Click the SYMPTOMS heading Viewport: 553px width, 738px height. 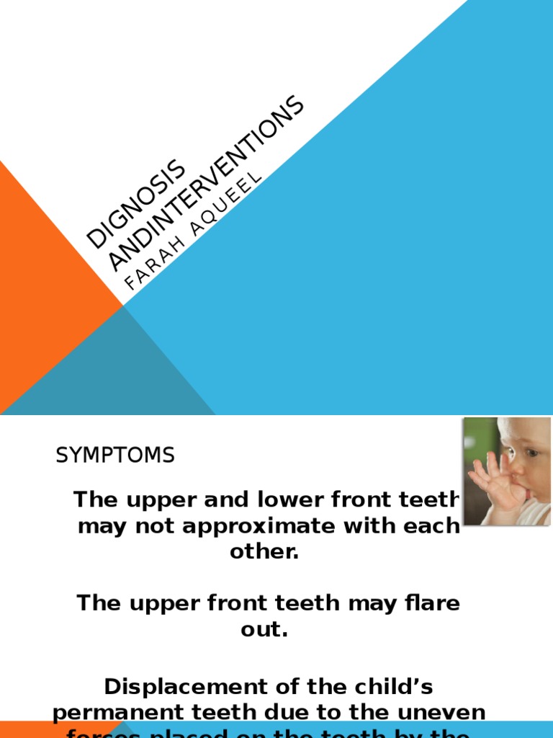[115, 455]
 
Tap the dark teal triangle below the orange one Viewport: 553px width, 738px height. [108, 375]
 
